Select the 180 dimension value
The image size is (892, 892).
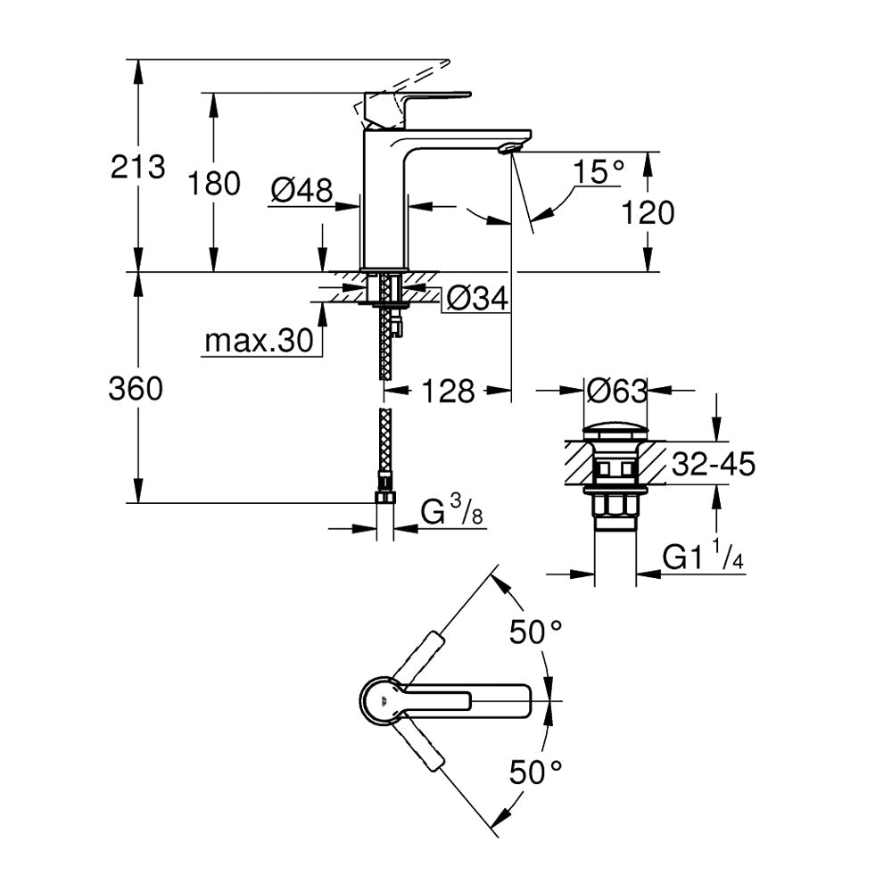214,184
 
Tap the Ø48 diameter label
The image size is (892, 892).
301,189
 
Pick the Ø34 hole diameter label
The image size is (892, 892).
476,299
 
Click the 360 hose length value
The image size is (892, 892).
136,389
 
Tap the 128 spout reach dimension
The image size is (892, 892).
448,390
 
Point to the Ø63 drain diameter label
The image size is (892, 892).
616,390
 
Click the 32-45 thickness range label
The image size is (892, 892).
714,464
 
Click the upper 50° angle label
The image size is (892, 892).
535,632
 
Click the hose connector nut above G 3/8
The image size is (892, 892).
385,496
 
